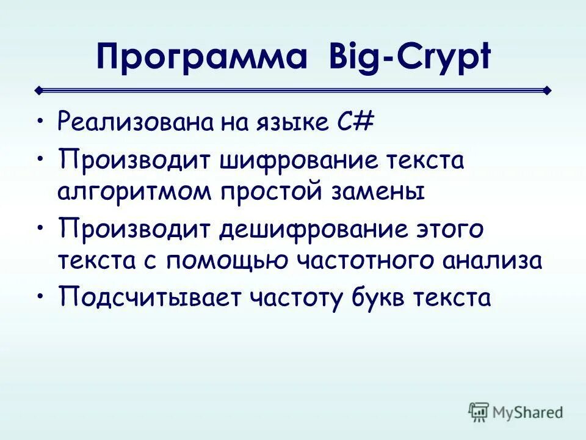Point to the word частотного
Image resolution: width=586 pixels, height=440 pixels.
[x=367, y=261]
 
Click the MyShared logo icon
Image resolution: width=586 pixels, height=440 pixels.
[x=479, y=411]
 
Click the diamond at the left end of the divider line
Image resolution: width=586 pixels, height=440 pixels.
[x=38, y=90]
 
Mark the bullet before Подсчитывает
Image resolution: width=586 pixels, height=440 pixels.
[x=40, y=295]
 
